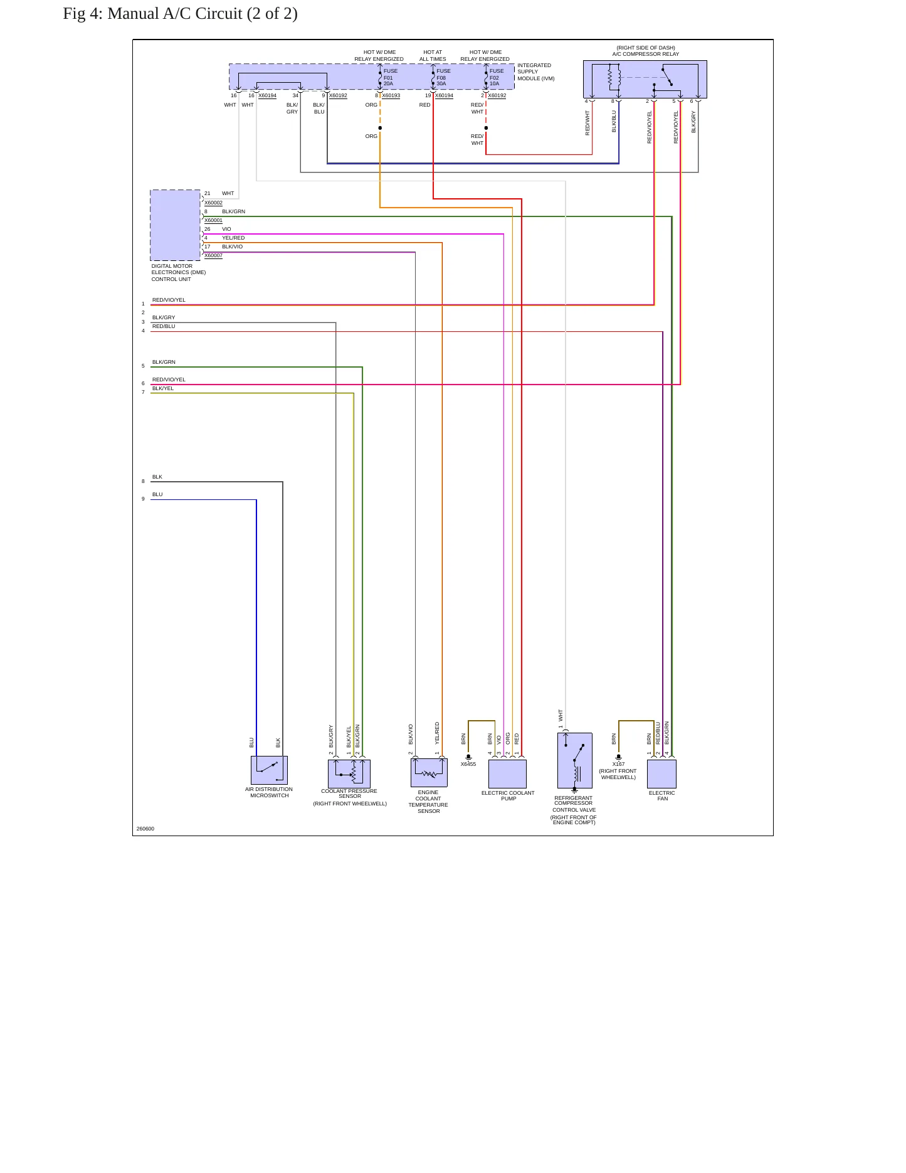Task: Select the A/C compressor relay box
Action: coord(645,79)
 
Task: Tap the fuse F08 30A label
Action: coord(443,77)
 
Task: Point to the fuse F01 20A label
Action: coord(391,77)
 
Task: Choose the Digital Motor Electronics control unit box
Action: coord(175,225)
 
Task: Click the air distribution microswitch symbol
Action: coord(269,770)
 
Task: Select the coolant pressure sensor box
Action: coord(349,773)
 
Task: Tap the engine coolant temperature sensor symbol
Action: coord(429,772)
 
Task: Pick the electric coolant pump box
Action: coord(507,774)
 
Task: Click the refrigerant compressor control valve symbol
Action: coord(574,760)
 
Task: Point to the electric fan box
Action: coord(661,774)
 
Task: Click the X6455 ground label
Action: coord(468,764)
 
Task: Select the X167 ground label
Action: coord(618,764)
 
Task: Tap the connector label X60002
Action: coord(213,203)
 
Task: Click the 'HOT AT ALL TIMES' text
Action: coord(433,56)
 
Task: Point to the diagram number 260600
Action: coord(145,829)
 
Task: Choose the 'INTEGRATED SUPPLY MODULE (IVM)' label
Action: coord(536,72)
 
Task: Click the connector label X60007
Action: coord(213,255)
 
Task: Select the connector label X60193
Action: coord(391,95)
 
